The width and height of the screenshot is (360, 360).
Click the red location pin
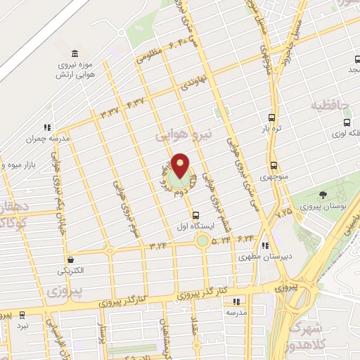click(181, 165)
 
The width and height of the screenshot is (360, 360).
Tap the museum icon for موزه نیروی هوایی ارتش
click(75, 54)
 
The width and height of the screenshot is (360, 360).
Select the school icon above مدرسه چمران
click(47, 127)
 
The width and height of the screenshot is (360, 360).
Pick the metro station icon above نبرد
click(22, 314)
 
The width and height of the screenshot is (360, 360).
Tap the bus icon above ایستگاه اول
click(195, 216)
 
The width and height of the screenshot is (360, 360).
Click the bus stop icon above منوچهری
click(273, 166)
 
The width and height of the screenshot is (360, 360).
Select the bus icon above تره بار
click(273, 118)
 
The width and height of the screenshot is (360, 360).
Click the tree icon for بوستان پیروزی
click(323, 195)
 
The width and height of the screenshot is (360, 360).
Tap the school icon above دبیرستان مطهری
click(264, 245)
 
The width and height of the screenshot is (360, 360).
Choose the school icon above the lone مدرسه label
click(235, 301)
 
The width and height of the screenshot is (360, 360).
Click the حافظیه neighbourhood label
click(330, 105)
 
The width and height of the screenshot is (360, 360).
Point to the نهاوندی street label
click(195, 84)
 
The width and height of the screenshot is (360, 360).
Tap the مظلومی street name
click(150, 56)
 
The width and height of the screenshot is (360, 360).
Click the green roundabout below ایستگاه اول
click(202, 240)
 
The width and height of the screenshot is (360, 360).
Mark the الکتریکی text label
click(72, 270)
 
